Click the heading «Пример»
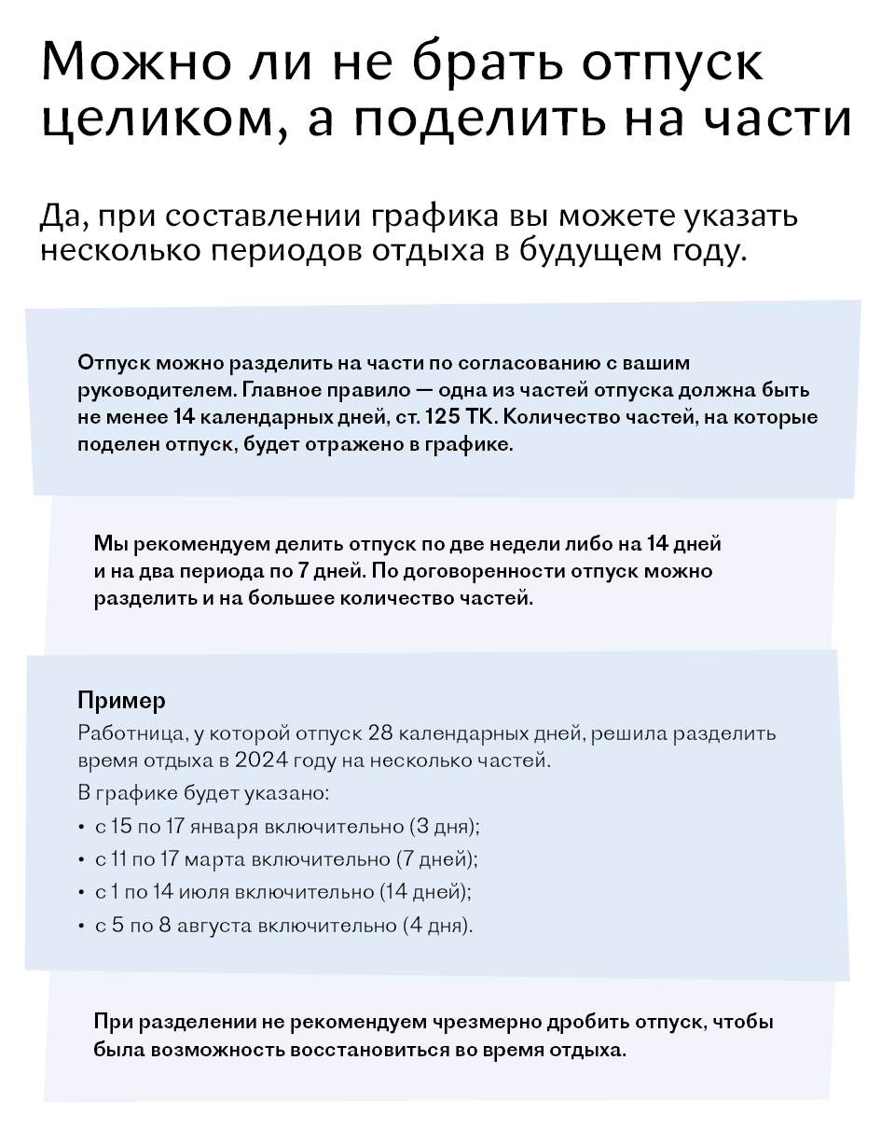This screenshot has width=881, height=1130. (x=121, y=700)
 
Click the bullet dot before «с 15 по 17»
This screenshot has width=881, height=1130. (x=81, y=827)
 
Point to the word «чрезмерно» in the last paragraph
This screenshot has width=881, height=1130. (x=481, y=1021)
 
